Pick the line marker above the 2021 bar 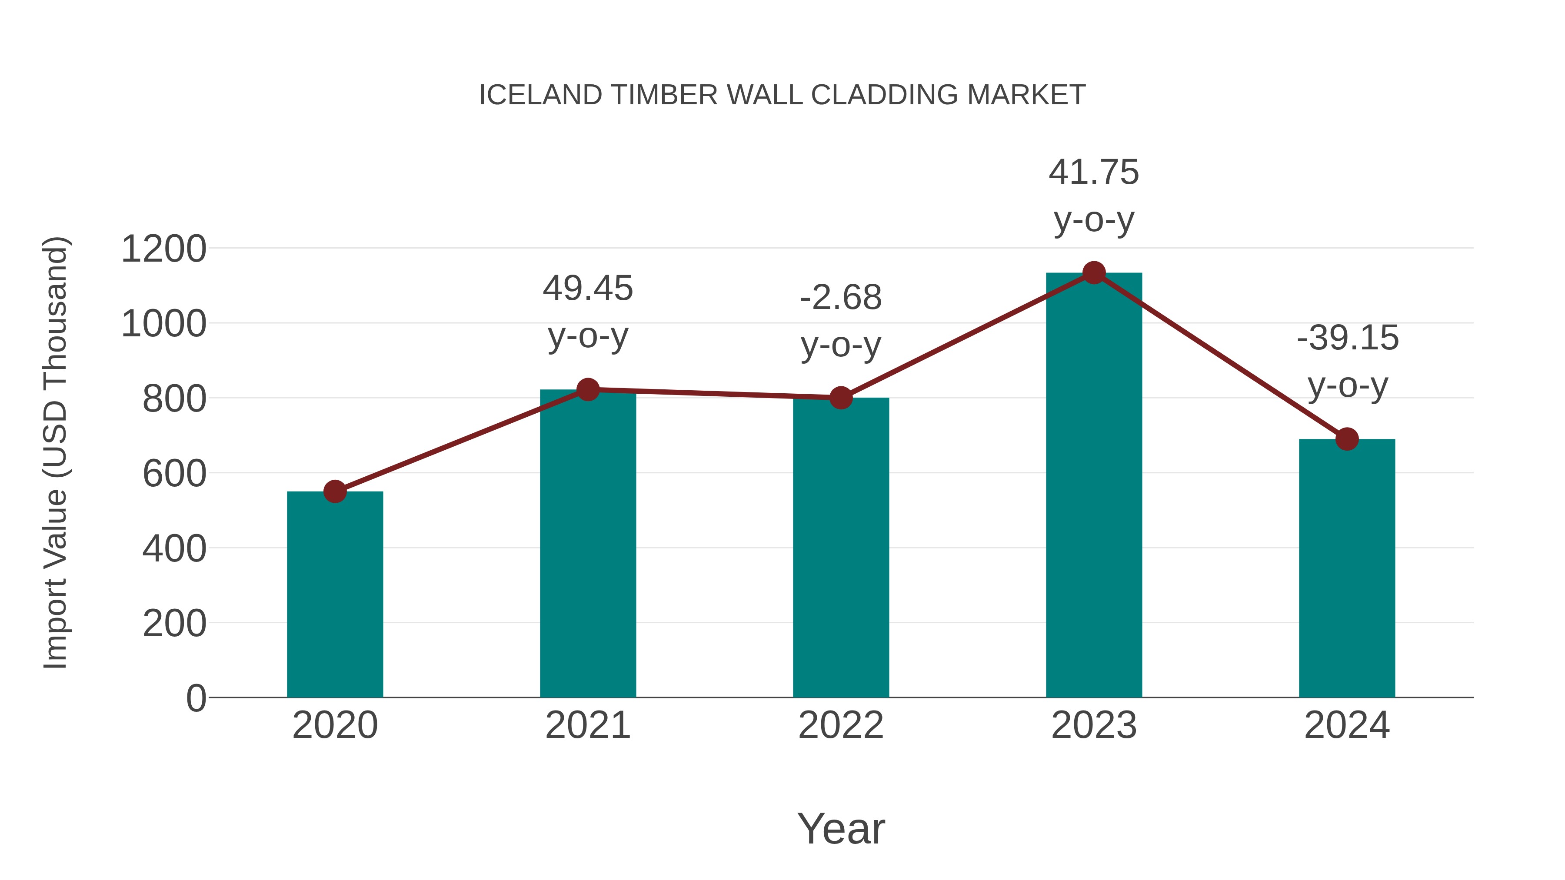(x=587, y=389)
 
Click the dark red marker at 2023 (x=1094, y=273)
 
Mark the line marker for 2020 (x=335, y=491)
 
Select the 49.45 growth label (x=587, y=289)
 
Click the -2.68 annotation (x=841, y=298)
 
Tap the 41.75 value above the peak (x=1094, y=173)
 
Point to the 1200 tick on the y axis (x=163, y=249)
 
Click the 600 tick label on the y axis (x=174, y=474)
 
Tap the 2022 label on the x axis (x=841, y=725)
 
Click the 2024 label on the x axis (x=1347, y=725)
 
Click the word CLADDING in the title (x=884, y=95)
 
